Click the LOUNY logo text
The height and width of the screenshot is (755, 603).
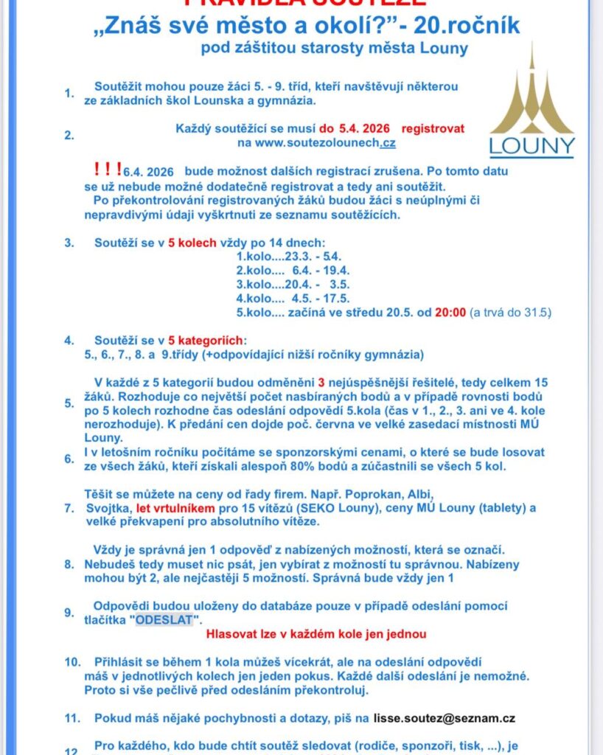pos(531,145)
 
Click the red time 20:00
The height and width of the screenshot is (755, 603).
pos(450,313)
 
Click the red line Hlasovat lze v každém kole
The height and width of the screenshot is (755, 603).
pos(316,634)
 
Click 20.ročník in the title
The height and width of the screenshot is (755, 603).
pos(466,27)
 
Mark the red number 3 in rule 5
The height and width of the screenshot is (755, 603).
pos(321,383)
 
